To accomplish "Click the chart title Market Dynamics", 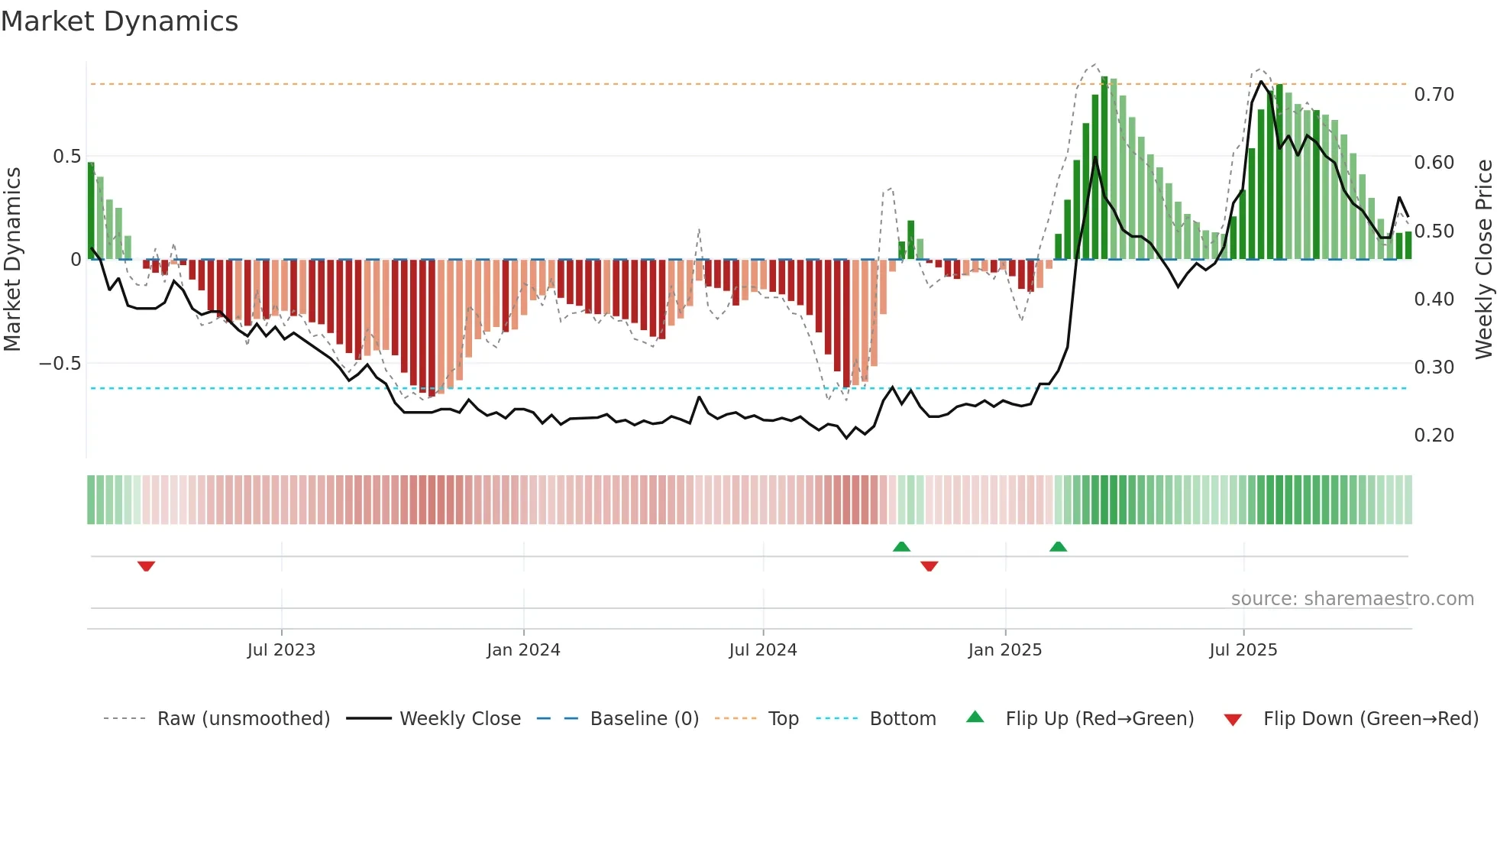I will pos(119,21).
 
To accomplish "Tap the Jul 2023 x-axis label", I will pos(281,650).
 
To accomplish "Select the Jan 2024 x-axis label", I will pos(523,650).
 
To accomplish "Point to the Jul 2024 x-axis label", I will pos(762,650).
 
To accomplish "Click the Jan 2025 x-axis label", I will pos(1004,650).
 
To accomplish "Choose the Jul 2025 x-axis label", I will pos(1243,650).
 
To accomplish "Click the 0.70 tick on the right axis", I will pos(1434,95).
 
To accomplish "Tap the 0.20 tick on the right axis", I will pos(1434,436).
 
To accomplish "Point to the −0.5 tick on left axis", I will pos(60,364).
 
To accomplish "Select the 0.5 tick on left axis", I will pos(66,157).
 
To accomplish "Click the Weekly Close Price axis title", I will pos(1483,259).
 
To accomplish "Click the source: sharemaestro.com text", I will pos(1352,599).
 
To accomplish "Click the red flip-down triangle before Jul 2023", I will pos(146,566).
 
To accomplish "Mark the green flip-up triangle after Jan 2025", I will pos(1058,546).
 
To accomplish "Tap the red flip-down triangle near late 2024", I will pos(929,566).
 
